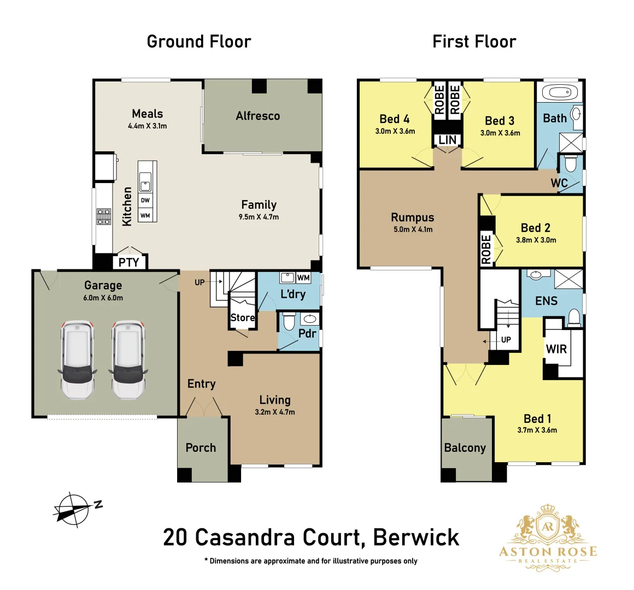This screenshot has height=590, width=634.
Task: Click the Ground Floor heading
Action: [x=199, y=42]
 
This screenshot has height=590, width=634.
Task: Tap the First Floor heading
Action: [x=474, y=42]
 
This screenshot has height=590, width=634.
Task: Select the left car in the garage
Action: [x=77, y=359]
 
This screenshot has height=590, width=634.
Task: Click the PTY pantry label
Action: [x=129, y=262]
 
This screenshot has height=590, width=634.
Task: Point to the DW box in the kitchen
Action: [x=145, y=200]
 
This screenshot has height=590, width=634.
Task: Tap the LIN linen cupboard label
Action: [x=447, y=140]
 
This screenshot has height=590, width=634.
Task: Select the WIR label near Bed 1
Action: [x=556, y=349]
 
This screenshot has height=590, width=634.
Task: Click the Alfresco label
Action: [x=258, y=116]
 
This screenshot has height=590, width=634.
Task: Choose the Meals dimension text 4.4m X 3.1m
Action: [x=148, y=126]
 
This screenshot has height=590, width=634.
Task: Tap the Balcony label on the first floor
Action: [x=465, y=448]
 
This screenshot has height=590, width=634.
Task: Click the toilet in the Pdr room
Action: [x=289, y=322]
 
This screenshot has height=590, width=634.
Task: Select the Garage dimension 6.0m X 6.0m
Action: [x=103, y=298]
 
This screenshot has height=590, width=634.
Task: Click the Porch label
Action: [x=201, y=448]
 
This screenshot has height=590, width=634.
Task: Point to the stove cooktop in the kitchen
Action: [x=104, y=217]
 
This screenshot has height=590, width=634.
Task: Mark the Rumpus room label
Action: [x=413, y=217]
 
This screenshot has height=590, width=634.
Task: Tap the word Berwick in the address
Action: [x=416, y=538]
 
